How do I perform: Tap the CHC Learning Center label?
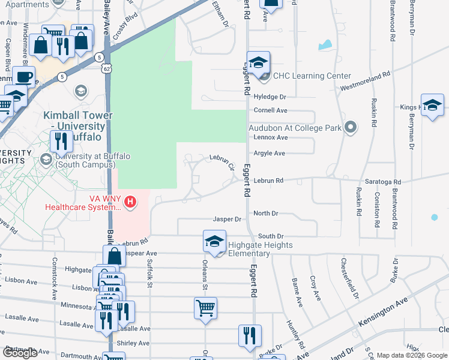coord(312,76)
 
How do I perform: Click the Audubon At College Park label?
coord(295,127)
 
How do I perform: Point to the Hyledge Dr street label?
coord(270,97)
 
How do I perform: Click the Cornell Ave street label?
coord(271,110)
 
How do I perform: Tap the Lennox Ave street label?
coord(271,137)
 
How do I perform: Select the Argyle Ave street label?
coord(270,153)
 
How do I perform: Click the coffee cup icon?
coord(24,77)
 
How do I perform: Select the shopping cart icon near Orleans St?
coord(205,308)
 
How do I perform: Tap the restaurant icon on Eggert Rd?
coord(250,335)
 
